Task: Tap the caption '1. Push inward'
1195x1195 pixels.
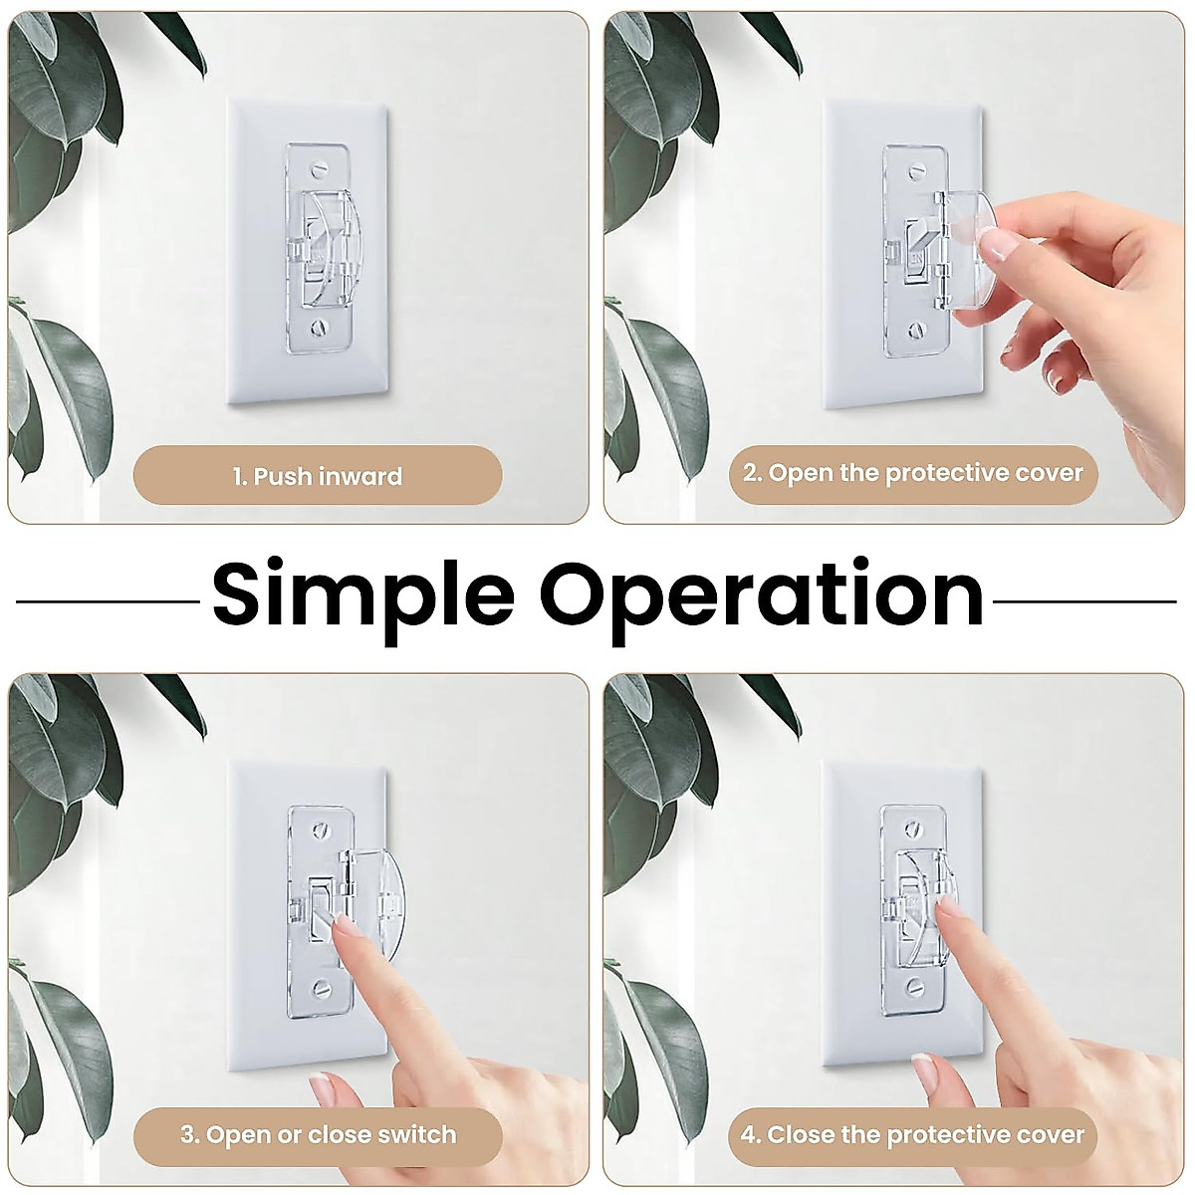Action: pos(318,476)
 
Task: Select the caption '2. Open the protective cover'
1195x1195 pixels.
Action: pos(912,472)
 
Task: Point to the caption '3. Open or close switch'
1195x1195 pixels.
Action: pos(318,1134)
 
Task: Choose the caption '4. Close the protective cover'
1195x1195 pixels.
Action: pos(912,1134)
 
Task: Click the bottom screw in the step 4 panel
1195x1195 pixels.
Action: pos(914,988)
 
